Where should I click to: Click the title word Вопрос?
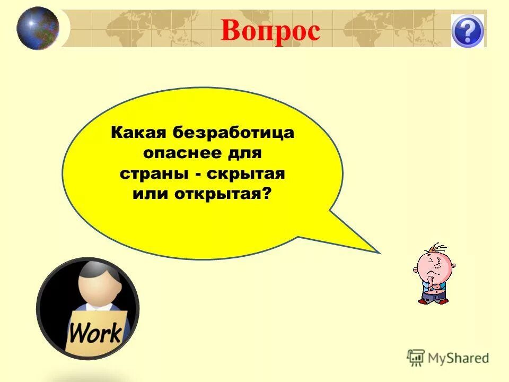(270, 30)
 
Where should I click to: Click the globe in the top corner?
(37, 28)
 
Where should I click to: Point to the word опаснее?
(179, 153)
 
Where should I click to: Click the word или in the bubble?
(150, 194)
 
